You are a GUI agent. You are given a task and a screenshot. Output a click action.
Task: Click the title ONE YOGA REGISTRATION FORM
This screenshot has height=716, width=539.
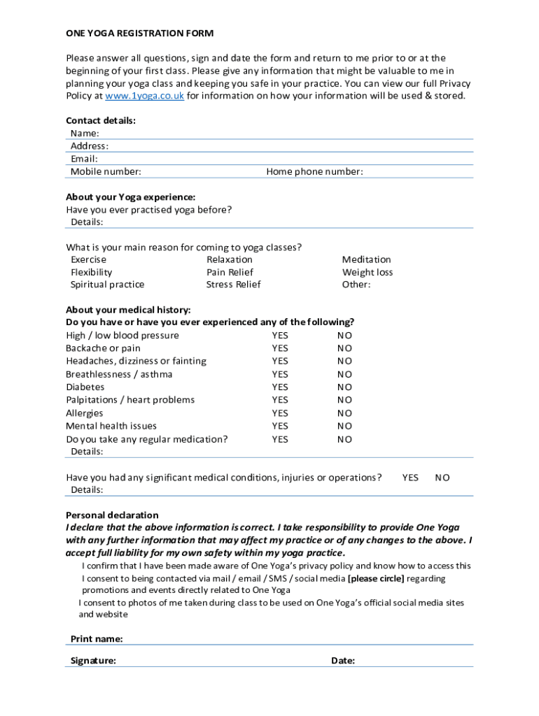(x=139, y=33)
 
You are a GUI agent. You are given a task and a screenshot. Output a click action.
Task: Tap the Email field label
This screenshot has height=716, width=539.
(x=84, y=159)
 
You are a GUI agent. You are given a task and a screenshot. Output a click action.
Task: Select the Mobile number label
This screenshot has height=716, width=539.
(x=106, y=172)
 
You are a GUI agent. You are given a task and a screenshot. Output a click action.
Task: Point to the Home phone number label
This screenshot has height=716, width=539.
(x=314, y=172)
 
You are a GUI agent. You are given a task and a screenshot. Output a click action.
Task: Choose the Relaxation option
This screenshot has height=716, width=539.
(x=229, y=259)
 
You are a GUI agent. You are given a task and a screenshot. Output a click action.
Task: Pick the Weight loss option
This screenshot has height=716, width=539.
(x=367, y=272)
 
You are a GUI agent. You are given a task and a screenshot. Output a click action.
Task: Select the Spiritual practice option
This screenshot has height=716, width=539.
(x=107, y=285)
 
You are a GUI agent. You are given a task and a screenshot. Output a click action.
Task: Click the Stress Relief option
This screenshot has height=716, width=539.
(x=233, y=285)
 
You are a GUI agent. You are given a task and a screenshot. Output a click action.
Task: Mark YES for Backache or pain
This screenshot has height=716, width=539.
(x=280, y=348)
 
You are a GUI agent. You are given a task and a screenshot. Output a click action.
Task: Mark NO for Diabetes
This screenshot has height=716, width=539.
(x=344, y=387)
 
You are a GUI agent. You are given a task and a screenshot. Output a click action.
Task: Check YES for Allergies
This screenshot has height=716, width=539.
(x=280, y=413)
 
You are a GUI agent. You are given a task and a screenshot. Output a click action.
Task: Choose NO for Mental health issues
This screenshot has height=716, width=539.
(x=344, y=426)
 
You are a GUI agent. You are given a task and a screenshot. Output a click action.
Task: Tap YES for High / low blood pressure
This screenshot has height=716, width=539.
(x=280, y=336)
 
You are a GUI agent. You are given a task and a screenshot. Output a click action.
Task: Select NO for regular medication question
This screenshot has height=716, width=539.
(x=344, y=439)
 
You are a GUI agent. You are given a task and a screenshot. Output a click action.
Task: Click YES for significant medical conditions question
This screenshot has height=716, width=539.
(x=410, y=478)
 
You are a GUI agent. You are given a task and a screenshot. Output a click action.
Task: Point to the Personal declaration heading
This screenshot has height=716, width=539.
(x=112, y=515)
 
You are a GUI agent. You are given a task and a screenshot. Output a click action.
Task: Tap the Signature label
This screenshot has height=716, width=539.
(x=93, y=661)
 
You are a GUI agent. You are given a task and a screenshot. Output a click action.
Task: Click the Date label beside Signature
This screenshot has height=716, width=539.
(x=343, y=661)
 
